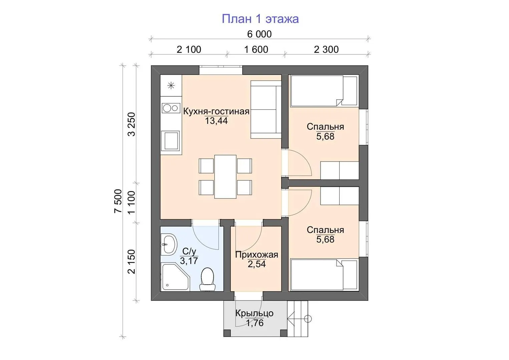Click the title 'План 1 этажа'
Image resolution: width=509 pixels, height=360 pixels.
point(260,19)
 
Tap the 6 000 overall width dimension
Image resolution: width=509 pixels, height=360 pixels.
point(259,34)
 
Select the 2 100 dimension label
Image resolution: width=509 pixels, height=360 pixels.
point(189,50)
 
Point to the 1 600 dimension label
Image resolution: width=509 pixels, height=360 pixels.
point(256,50)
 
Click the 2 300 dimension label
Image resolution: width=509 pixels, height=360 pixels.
point(326,50)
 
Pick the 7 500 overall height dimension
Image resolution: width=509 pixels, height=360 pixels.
point(118,201)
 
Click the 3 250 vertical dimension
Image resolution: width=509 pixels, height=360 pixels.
point(131,124)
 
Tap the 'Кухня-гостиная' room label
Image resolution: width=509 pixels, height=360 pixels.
point(216,112)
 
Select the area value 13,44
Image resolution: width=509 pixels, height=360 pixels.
point(216,121)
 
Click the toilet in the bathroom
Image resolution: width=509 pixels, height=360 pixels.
point(207,279)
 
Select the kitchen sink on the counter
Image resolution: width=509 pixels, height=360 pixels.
point(171,141)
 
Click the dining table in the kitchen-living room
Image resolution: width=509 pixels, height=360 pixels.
point(225,176)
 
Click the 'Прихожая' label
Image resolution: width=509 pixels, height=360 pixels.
point(257,255)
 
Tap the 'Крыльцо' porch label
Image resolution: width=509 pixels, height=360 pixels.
point(254,313)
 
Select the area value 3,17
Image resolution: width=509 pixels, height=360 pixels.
point(189,261)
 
